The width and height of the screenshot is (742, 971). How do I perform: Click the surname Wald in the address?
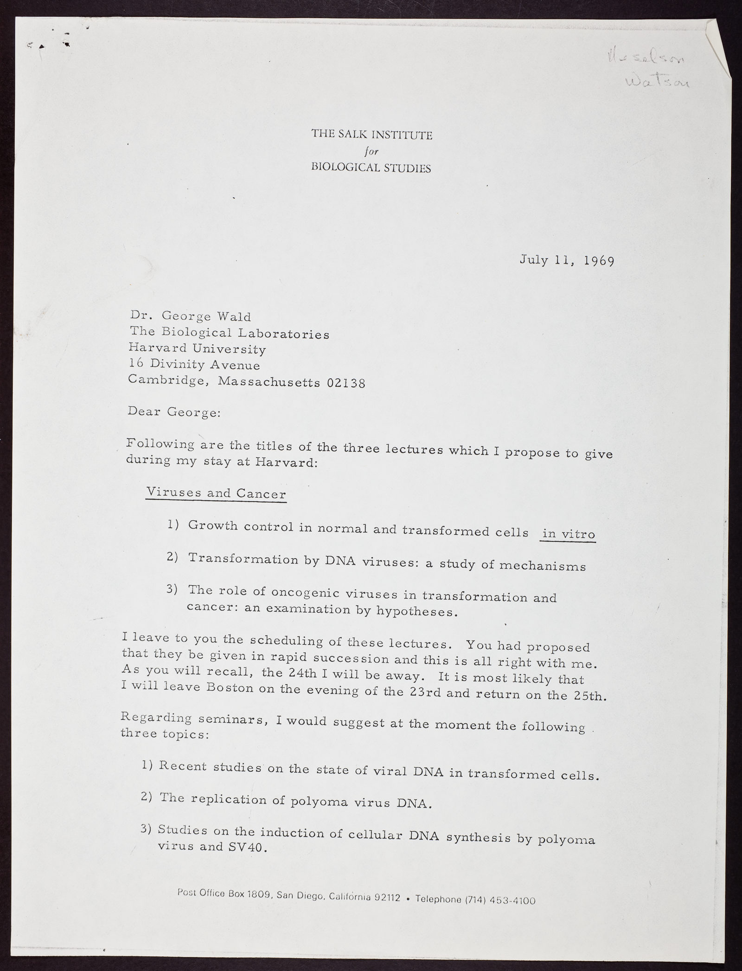pos(235,317)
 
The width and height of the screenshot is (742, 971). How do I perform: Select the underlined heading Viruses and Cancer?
pos(216,493)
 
